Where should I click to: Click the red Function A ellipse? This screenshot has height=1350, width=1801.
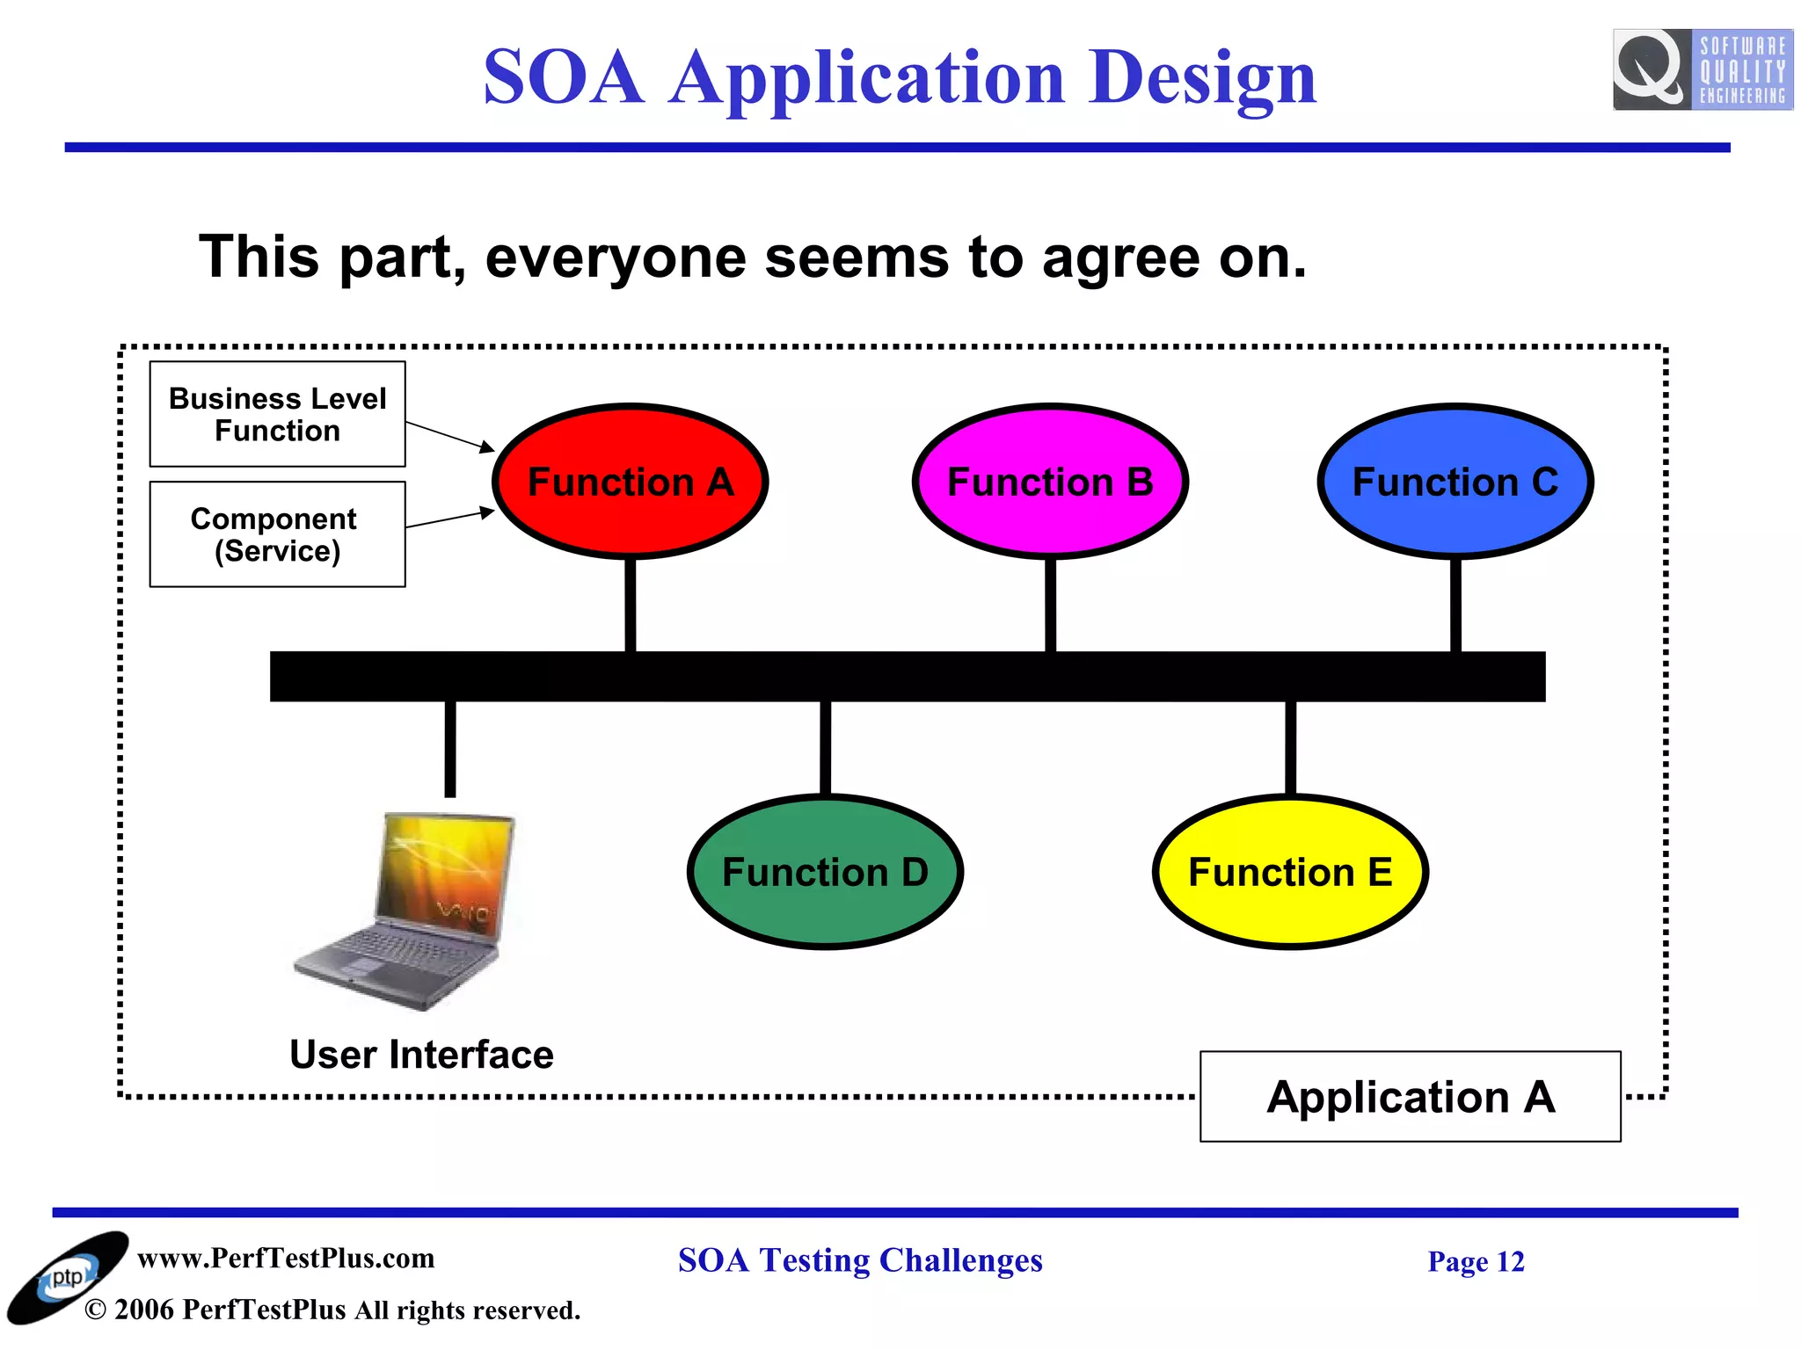(x=630, y=482)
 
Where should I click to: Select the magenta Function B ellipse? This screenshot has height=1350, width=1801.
(x=1050, y=482)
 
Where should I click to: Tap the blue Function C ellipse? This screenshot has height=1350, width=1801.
(x=1455, y=482)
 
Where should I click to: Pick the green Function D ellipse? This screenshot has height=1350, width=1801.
(x=825, y=872)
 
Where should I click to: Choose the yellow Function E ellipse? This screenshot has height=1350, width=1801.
(x=1290, y=872)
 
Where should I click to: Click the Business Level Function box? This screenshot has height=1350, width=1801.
(x=277, y=414)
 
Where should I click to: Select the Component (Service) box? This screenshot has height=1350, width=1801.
(x=277, y=534)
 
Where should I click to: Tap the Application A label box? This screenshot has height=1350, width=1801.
(x=1410, y=1097)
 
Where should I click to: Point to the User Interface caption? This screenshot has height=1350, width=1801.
(x=421, y=1055)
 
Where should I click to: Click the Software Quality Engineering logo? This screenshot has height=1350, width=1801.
(x=1703, y=69)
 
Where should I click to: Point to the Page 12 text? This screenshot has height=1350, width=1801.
(x=1476, y=1262)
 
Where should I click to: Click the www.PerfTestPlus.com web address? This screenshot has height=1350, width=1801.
(x=286, y=1259)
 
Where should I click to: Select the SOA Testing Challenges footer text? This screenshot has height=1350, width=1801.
(x=860, y=1260)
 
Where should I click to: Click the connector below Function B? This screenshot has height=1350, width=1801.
(x=1050, y=605)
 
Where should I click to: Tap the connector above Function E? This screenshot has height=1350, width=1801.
(x=1290, y=747)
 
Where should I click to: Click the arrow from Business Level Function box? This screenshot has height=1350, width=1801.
(x=449, y=436)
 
